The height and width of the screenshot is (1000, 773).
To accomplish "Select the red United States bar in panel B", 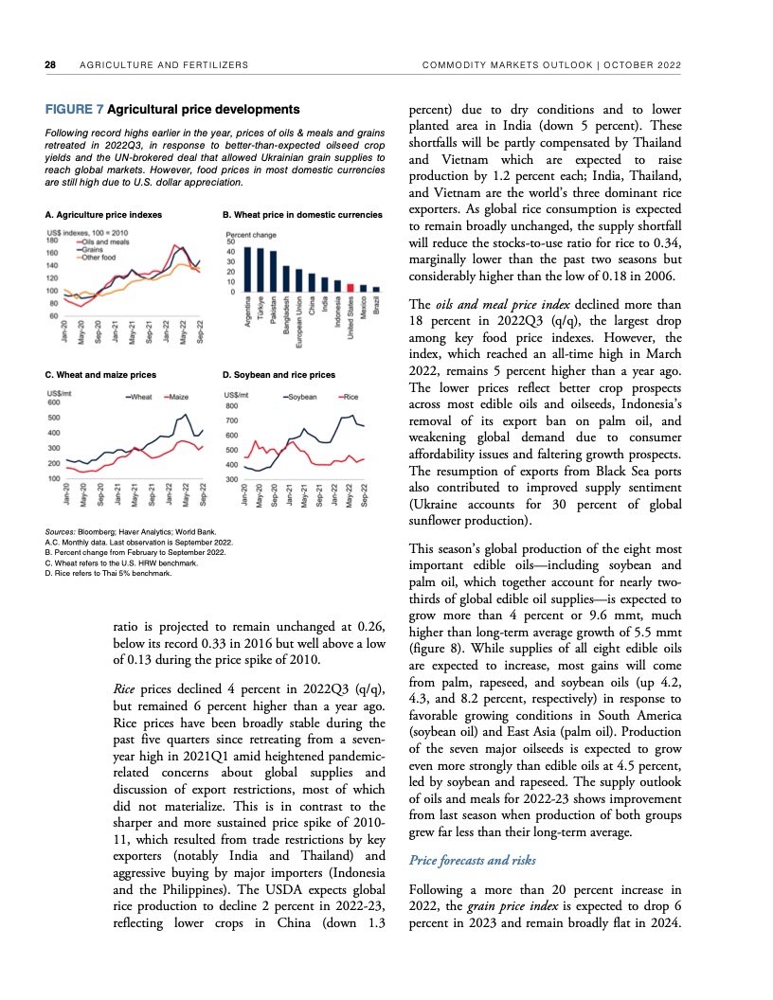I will click(351, 287).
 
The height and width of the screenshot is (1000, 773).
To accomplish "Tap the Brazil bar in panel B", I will click(376, 289).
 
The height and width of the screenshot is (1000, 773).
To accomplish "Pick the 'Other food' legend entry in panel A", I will click(99, 258).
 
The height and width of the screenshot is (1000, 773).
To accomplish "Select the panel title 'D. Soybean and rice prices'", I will click(279, 375).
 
